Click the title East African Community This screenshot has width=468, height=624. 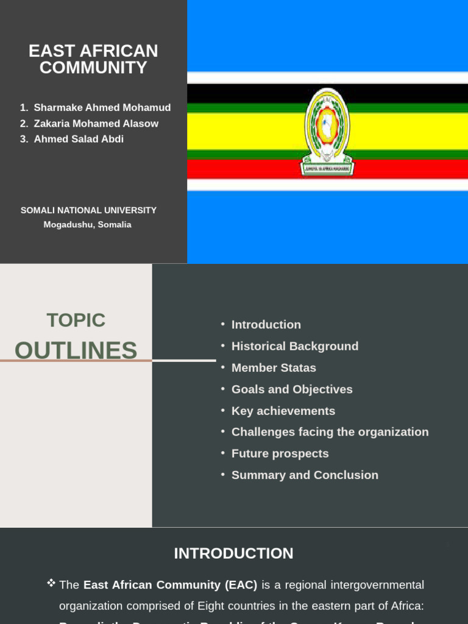pyautogui.click(x=93, y=59)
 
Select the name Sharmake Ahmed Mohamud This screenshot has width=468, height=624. pyautogui.click(x=102, y=108)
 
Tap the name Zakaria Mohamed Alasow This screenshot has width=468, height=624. pyautogui.click(x=96, y=124)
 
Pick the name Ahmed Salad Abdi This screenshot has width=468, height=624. pyautogui.click(x=79, y=139)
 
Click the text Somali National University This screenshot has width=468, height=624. pyautogui.click(x=88, y=210)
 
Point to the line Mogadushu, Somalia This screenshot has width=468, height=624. pyautogui.click(x=87, y=225)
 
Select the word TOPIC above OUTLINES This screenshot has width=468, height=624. pyautogui.click(x=76, y=320)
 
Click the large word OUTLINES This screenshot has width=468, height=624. pyautogui.click(x=76, y=350)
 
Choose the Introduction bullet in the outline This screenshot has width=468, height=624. pyautogui.click(x=266, y=325)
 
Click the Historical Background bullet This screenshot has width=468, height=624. pyautogui.click(x=295, y=346)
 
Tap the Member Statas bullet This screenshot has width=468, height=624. pyautogui.click(x=274, y=368)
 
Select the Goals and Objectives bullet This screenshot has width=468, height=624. pyautogui.click(x=292, y=389)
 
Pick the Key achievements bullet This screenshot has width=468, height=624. pyautogui.click(x=283, y=411)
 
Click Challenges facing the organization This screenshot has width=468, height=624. pyautogui.click(x=330, y=432)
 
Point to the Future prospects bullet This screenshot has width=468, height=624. pyautogui.click(x=280, y=453)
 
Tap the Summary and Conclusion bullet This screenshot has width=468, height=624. pyautogui.click(x=305, y=475)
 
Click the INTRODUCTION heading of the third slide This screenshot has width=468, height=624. pyautogui.click(x=233, y=553)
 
